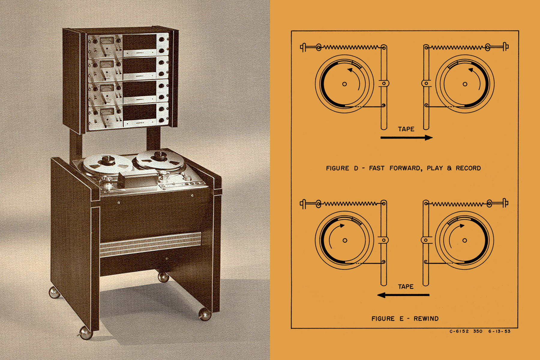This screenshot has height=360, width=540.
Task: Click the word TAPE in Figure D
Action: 406,129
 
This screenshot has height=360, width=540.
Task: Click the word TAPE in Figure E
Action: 406,286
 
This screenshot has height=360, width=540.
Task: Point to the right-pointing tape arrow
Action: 406,138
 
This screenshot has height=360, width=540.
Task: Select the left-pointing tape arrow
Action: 403,295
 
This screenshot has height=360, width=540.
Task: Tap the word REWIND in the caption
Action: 426,319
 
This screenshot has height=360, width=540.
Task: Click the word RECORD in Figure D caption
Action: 468,168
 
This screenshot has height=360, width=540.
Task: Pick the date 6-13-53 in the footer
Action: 499,331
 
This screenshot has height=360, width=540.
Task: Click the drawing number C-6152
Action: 459,331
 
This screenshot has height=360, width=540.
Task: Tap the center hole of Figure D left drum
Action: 344,84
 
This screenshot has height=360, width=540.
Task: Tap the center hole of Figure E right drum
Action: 465,240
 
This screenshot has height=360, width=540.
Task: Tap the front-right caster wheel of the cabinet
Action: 205,314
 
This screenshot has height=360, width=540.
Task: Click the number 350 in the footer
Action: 478,331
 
